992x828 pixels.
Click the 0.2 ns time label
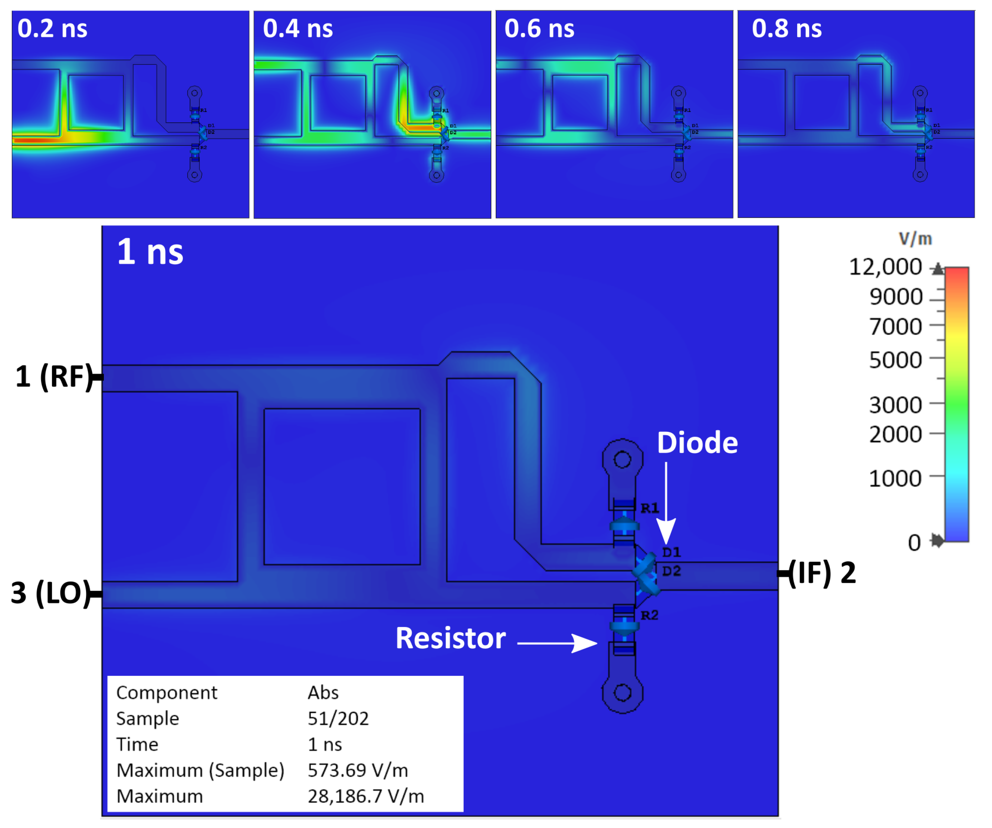coord(52,29)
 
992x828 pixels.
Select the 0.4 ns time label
coord(298,29)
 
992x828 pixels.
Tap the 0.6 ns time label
coord(539,29)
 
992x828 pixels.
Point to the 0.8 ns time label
coord(787,29)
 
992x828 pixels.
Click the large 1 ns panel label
coord(150,252)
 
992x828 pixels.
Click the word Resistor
coord(451,638)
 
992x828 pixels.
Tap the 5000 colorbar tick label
coord(896,360)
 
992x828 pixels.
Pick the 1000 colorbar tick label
coord(896,479)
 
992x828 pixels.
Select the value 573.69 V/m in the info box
coord(358,770)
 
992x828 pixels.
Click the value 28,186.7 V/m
coord(366,796)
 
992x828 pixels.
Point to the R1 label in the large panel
coord(650,508)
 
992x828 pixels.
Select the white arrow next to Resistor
coord(558,643)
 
